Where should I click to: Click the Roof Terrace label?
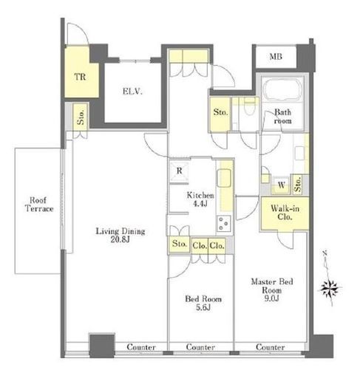tap(39, 205)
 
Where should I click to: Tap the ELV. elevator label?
tap(132, 92)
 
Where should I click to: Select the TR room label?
tap(80, 77)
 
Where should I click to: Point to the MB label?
tap(276, 57)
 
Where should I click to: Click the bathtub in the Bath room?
tap(282, 89)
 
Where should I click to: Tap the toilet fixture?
tap(249, 106)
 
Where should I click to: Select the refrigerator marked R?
tap(179, 171)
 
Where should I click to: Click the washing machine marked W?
tap(281, 185)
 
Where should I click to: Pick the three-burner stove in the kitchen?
tap(224, 224)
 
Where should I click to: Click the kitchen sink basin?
tap(224, 178)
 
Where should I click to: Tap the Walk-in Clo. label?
tap(285, 213)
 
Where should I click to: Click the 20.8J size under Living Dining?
tap(120, 239)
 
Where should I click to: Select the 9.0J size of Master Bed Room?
tap(271, 298)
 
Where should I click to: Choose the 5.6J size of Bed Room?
tap(203, 307)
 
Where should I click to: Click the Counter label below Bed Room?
tap(200, 347)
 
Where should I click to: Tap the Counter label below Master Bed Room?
tap(271, 347)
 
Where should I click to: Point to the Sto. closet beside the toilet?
tap(220, 114)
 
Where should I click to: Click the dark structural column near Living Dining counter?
tap(102, 346)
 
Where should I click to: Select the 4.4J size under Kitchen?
tap(200, 204)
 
